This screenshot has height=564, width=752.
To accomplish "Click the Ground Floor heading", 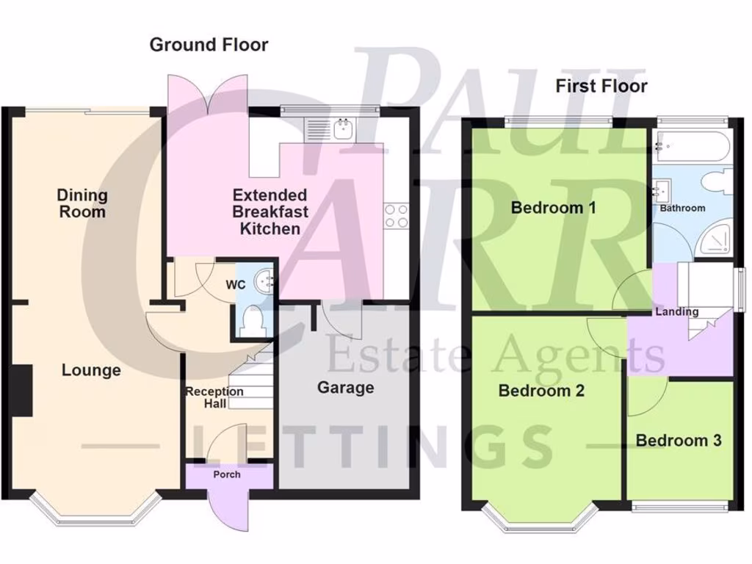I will tap(209, 45).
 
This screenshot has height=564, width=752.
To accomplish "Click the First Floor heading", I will tap(601, 86).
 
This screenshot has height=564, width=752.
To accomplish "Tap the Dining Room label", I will tap(82, 203).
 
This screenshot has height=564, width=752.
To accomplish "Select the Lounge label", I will tap(90, 370).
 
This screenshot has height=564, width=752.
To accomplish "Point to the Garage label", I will tap(345, 387).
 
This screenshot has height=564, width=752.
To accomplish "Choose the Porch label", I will tap(226, 474).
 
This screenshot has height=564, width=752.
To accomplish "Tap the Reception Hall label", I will tap(214, 397).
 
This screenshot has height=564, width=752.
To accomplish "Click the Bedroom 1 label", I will tap(553, 208).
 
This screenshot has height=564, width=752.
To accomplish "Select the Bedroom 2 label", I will tap(540, 391).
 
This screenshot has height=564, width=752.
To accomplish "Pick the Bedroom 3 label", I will tap(678, 441).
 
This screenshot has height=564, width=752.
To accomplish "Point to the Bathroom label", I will tap(682, 208).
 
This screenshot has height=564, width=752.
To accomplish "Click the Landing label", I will tap(676, 311).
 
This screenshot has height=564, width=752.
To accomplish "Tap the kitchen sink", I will tap(342, 129).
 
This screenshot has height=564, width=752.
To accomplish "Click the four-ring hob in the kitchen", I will tap(397, 217).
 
